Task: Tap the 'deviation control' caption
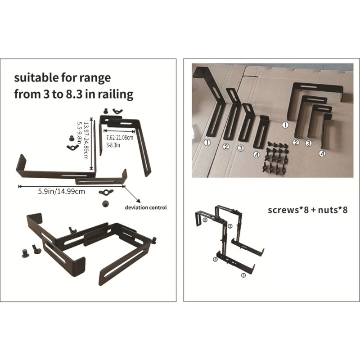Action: point(146,207)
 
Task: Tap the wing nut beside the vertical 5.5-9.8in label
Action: point(71,146)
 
